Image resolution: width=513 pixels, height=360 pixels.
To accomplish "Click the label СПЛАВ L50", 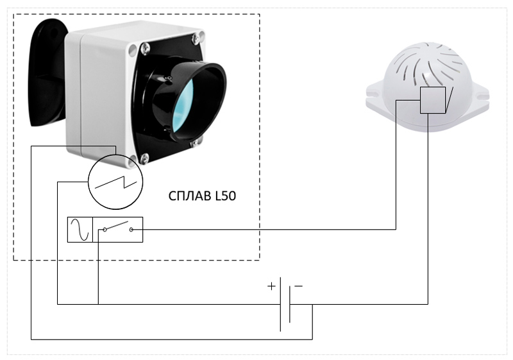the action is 202,196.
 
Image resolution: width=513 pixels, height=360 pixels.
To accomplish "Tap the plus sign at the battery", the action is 271,286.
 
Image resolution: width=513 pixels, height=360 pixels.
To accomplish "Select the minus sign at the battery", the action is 298,286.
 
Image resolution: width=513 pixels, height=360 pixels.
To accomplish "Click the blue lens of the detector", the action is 183,105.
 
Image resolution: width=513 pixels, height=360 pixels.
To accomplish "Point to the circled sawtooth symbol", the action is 115,182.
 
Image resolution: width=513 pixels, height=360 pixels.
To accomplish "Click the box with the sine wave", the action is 80,230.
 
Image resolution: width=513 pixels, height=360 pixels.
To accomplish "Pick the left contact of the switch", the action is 105,230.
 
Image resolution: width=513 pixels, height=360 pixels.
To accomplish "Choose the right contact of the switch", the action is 131,230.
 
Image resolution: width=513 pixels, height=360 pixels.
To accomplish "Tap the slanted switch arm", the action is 117,225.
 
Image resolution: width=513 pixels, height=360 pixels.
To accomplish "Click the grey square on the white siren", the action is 432,100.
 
